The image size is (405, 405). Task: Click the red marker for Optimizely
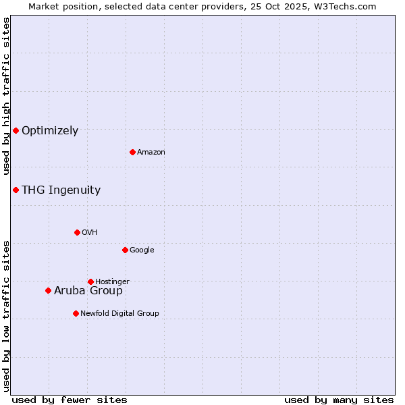pyautogui.click(x=16, y=130)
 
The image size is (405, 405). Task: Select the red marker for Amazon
pyautogui.click(x=132, y=152)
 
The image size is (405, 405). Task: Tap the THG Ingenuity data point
pyautogui.click(x=16, y=190)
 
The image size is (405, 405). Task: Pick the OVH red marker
pyautogui.click(x=77, y=232)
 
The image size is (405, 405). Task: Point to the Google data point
pyautogui.click(x=125, y=250)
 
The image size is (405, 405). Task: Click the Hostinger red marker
pyautogui.click(x=90, y=281)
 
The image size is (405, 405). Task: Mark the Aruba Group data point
pyautogui.click(x=48, y=290)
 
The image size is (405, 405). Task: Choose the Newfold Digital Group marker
pyautogui.click(x=76, y=313)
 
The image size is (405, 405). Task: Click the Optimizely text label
pyautogui.click(x=50, y=131)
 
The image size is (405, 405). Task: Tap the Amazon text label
pyautogui.click(x=151, y=153)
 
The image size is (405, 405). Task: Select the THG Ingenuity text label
pyautogui.click(x=61, y=190)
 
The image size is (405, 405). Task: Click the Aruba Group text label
pyautogui.click(x=88, y=291)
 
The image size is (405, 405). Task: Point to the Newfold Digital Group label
pyautogui.click(x=119, y=313)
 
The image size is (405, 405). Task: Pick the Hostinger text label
pyautogui.click(x=112, y=281)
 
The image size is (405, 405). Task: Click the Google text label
pyautogui.click(x=142, y=250)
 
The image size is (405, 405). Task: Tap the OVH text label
pyautogui.click(x=89, y=233)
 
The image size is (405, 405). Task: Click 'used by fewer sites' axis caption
pyautogui.click(x=70, y=400)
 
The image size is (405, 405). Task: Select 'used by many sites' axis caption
pyautogui.click(x=339, y=400)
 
